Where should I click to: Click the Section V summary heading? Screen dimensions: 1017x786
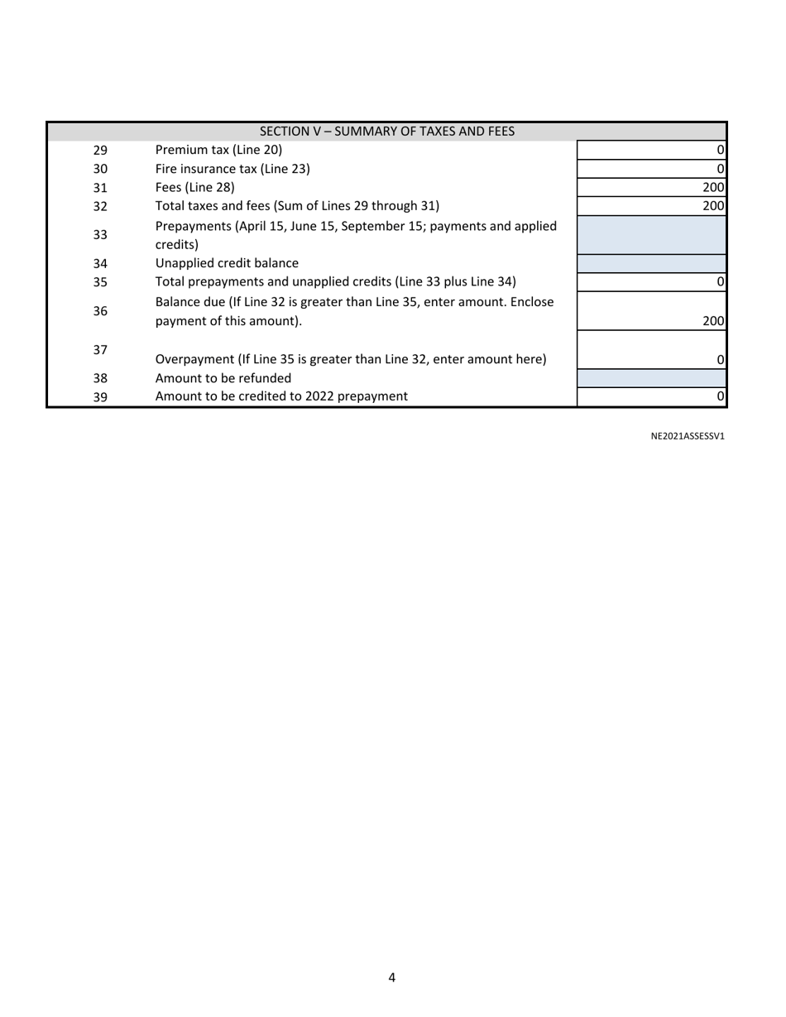tap(386, 132)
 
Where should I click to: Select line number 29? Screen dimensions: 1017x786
tap(100, 151)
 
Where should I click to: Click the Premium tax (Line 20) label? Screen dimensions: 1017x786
tap(218, 150)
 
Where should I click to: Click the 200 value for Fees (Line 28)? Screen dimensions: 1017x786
tap(713, 188)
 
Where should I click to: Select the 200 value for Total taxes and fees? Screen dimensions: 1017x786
tap(713, 206)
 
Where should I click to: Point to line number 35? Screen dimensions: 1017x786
tap(100, 282)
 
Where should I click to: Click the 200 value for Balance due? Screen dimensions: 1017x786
tap(713, 321)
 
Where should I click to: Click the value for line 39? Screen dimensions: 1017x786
tap(720, 396)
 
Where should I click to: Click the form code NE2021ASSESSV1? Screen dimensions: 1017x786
tap(688, 436)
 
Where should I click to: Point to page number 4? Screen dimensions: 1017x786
tap(391, 977)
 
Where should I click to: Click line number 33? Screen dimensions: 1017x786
tap(100, 235)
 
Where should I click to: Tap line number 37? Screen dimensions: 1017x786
tap(100, 350)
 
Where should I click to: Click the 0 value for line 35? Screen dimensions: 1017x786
tap(720, 282)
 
